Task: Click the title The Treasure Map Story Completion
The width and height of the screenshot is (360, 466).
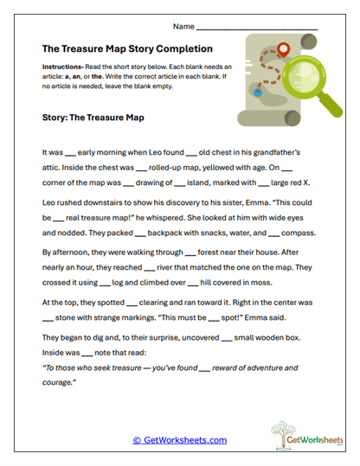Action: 127,49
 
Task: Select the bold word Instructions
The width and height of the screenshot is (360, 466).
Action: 61,67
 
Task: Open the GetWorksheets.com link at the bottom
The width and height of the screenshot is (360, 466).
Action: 179,440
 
